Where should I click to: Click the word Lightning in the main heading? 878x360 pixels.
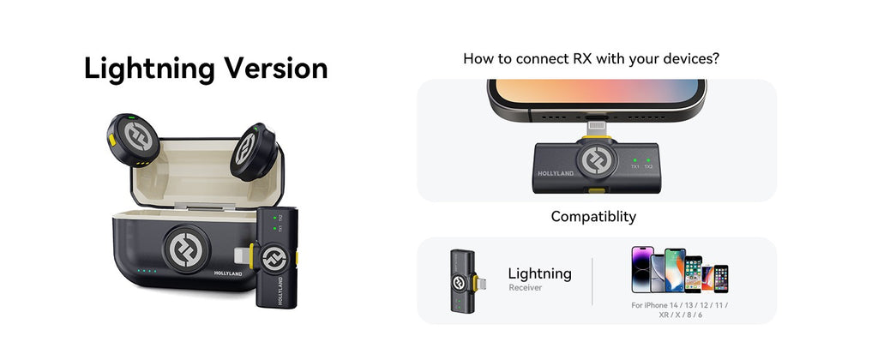149,69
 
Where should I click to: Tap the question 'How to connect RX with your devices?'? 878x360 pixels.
591,59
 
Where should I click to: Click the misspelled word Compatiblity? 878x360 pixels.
593,217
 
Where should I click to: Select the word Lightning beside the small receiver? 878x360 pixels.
539,273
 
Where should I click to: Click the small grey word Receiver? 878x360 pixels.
525,288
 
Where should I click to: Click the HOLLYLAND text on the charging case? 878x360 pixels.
232,273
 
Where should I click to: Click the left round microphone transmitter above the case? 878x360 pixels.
133,139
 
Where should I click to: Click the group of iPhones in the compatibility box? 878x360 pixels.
679,270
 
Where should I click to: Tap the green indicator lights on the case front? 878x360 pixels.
145,273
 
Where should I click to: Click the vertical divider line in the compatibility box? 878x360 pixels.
592,281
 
